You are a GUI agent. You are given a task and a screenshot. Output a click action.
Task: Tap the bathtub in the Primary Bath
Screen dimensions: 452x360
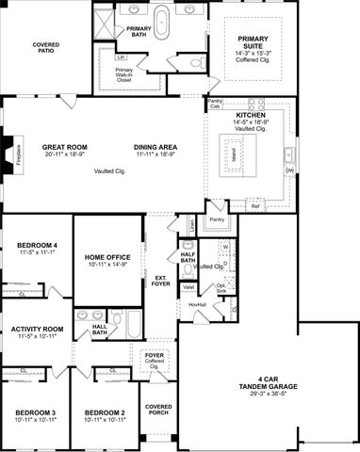pos(161,21)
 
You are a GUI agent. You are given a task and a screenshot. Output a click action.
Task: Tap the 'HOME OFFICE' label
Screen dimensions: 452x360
pos(108,261)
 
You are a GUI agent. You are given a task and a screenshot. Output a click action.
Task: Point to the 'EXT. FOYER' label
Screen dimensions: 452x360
pos(162,281)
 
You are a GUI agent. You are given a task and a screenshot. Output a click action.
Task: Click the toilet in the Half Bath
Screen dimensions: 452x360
pos(188,268)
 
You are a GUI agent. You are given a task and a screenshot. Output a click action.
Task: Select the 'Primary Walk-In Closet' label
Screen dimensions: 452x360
pos(124,75)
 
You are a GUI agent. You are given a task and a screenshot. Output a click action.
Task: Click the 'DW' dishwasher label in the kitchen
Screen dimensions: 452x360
pos(289,170)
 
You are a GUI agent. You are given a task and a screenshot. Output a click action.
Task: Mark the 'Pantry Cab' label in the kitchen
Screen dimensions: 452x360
pos(215,103)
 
